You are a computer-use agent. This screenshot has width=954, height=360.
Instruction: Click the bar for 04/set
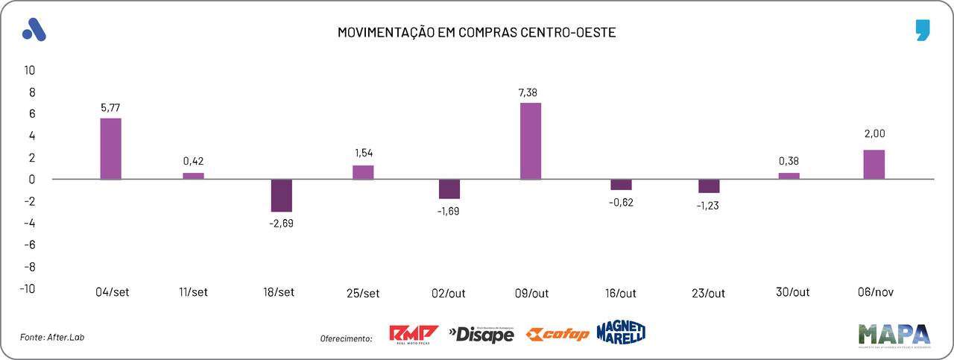tap(111, 148)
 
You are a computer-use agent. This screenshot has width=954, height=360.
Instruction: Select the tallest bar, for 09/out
tap(531, 141)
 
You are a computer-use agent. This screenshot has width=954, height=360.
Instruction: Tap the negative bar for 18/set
tap(281, 195)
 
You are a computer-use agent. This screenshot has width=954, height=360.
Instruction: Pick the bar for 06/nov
tap(874, 165)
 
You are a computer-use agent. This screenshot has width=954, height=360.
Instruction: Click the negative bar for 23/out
tap(709, 186)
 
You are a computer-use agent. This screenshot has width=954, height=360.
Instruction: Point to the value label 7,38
tap(531, 92)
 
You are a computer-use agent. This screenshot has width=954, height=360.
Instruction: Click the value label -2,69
tap(281, 223)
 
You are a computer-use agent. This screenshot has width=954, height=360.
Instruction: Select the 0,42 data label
tap(194, 161)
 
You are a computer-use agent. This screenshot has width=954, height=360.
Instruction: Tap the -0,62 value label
tap(621, 201)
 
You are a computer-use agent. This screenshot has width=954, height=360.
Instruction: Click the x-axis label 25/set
tap(363, 293)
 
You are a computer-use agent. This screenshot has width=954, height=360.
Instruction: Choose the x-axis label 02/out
tap(449, 293)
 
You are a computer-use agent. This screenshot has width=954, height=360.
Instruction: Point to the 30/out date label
tap(792, 292)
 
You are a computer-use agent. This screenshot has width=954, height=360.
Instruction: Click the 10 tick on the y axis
tap(31, 70)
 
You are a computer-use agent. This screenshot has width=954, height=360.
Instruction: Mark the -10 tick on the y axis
tap(28, 288)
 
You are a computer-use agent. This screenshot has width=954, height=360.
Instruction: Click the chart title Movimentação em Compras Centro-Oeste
tap(477, 33)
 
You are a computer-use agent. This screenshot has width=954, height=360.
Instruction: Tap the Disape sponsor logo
tap(481, 335)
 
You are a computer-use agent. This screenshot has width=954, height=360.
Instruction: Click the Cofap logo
tap(557, 335)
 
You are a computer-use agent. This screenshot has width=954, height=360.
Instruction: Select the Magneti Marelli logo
tap(620, 333)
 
